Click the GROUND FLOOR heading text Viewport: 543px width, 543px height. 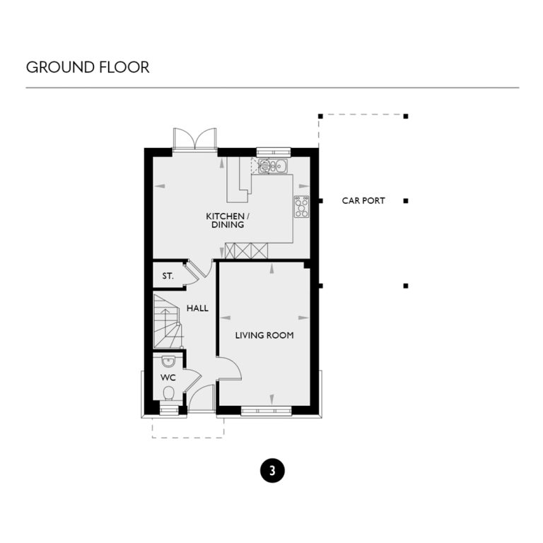(88, 67)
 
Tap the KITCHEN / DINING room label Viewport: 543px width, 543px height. (226, 220)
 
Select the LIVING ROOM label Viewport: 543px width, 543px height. (264, 335)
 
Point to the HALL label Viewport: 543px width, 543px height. (197, 308)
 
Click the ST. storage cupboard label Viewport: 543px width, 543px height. (168, 276)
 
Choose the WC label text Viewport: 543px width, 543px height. (168, 378)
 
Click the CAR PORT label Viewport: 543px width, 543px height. (363, 201)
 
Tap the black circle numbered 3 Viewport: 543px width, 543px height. (272, 470)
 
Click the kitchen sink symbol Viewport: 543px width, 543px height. (272, 167)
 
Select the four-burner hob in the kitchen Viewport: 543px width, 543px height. (301, 206)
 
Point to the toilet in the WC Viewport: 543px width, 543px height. (168, 394)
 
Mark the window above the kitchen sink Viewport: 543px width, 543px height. (273, 151)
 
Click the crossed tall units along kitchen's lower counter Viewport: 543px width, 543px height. (247, 250)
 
